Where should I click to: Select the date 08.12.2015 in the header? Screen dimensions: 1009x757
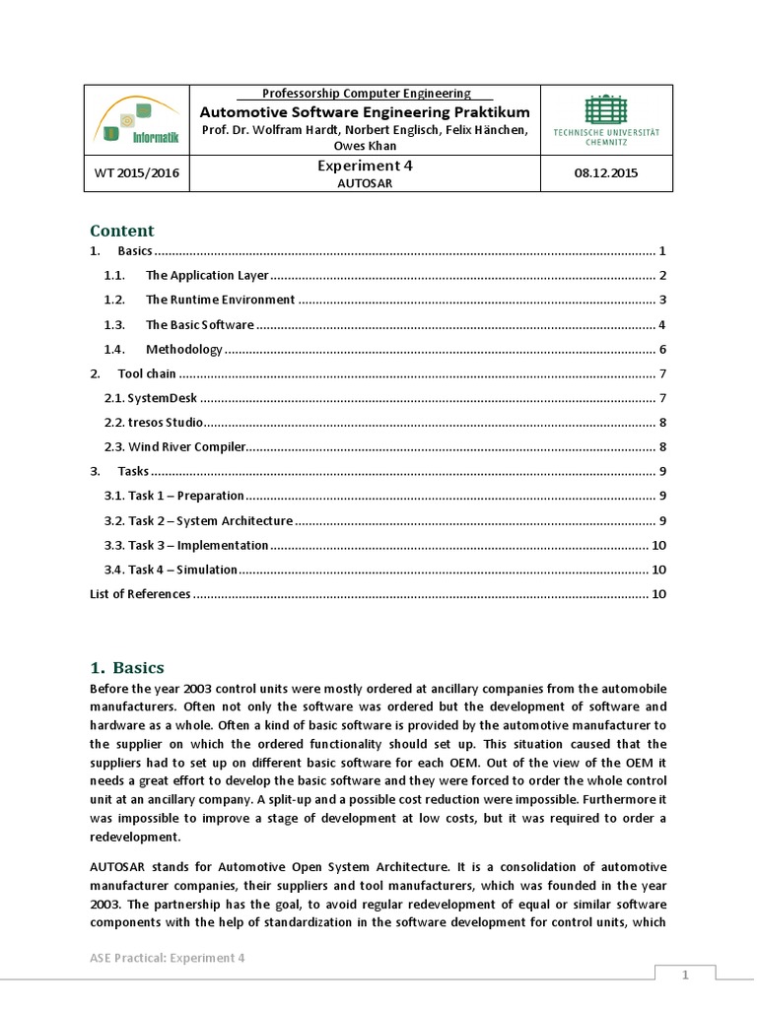click(x=606, y=173)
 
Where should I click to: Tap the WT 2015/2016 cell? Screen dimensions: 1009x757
click(x=137, y=173)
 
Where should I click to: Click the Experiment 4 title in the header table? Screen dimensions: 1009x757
click(x=365, y=167)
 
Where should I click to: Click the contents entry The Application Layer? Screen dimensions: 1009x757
click(x=207, y=276)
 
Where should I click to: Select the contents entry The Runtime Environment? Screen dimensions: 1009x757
click(x=220, y=300)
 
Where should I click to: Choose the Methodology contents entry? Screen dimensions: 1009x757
click(x=184, y=350)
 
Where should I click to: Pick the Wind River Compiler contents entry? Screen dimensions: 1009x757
click(x=173, y=447)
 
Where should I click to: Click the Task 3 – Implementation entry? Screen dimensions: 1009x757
click(x=186, y=545)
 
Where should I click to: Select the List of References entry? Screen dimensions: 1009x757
click(x=140, y=594)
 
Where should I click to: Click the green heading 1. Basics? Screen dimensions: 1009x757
click(x=127, y=667)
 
